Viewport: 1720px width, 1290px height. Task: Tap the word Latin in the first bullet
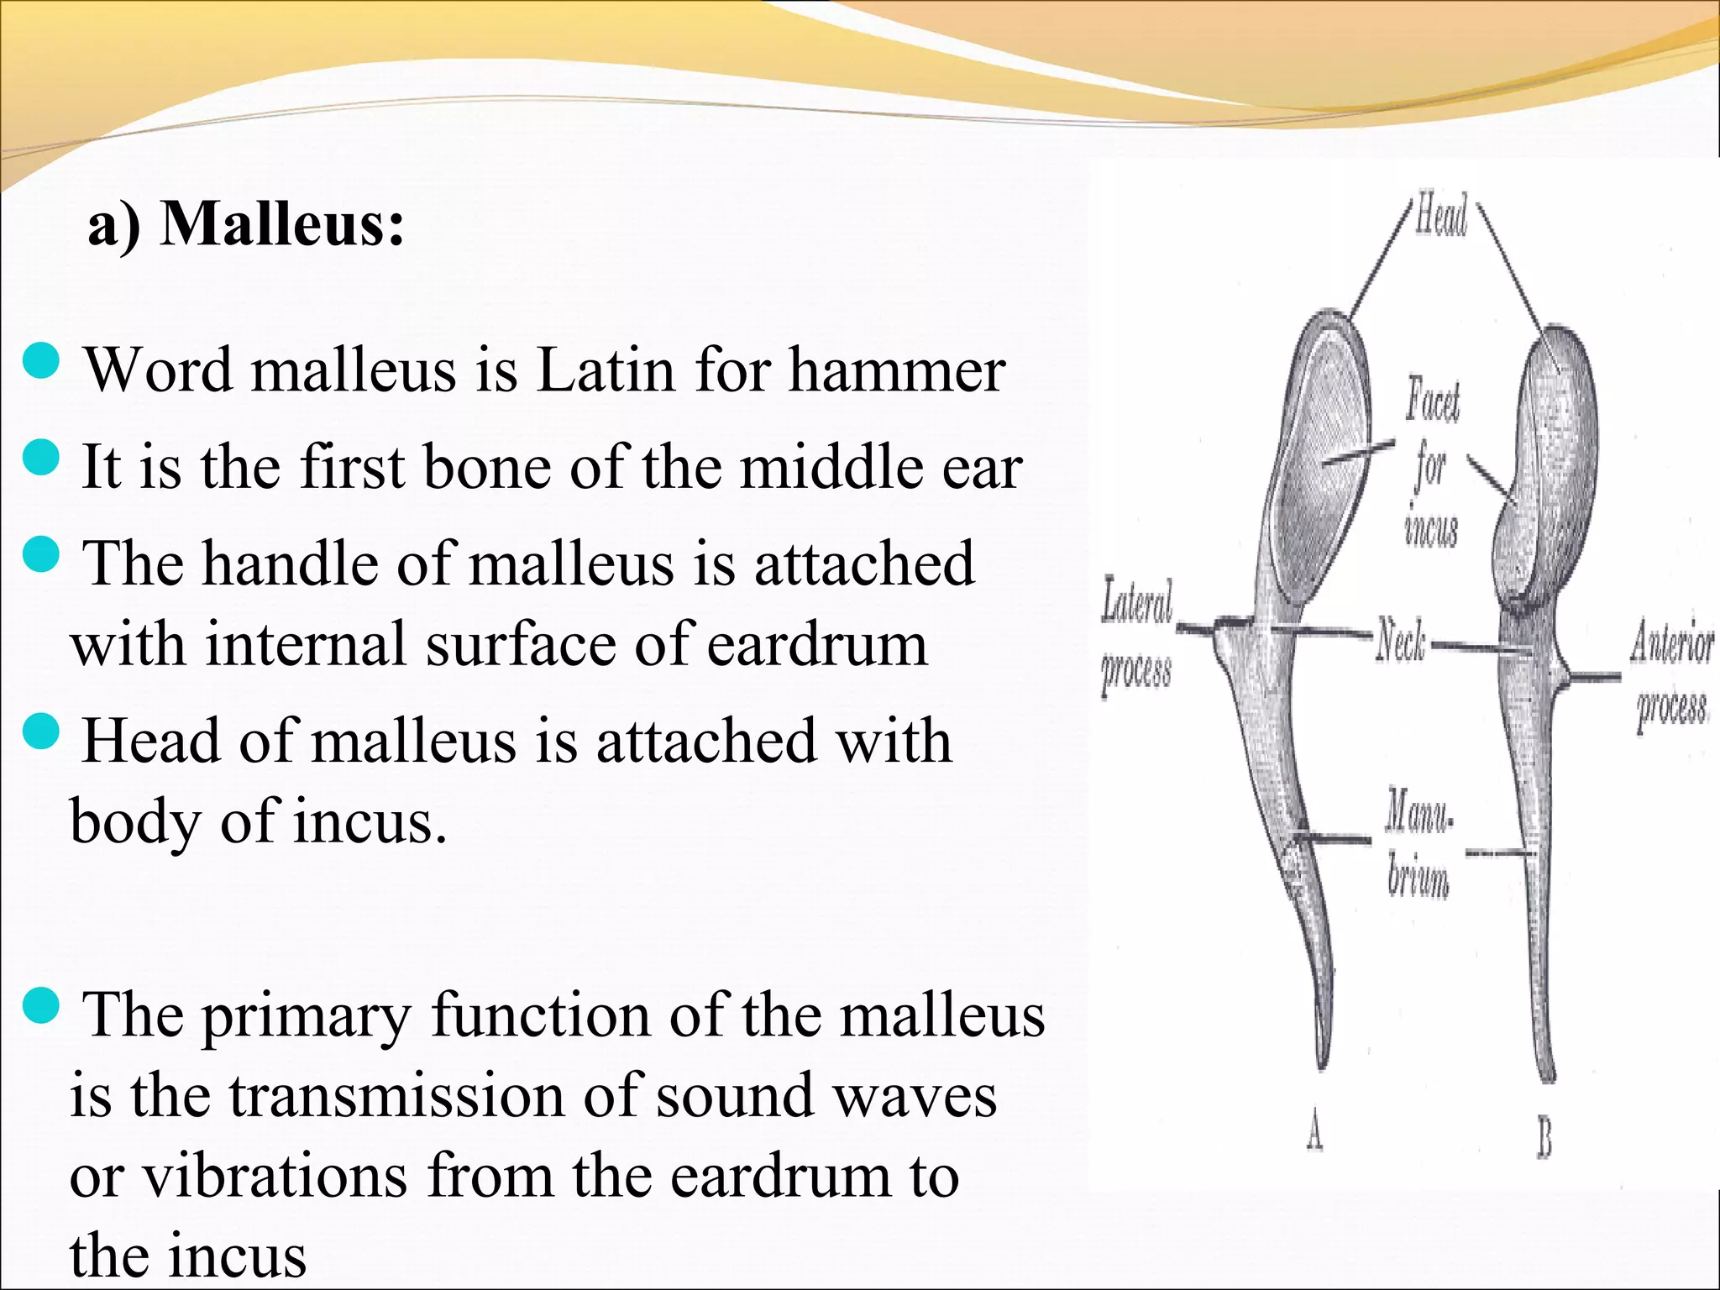click(605, 370)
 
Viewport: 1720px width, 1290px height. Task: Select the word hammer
click(896, 370)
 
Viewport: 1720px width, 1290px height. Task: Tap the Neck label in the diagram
click(1401, 642)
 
